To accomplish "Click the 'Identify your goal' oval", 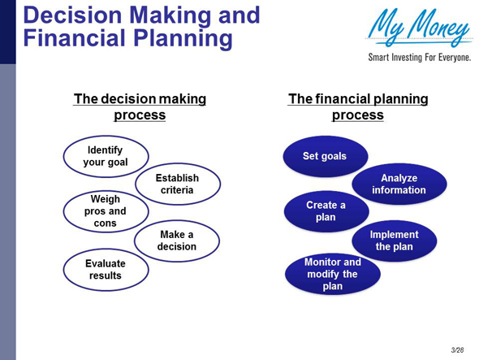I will tap(106, 156).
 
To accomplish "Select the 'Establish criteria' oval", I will tap(176, 184).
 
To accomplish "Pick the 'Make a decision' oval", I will tap(177, 241).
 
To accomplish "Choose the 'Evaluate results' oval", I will tap(106, 269).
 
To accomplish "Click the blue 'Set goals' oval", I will tap(325, 156).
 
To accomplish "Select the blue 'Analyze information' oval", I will tap(398, 184).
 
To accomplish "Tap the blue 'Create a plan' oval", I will tap(326, 211).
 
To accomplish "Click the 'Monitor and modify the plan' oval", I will tap(332, 274).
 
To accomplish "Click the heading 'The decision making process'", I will tap(140, 106).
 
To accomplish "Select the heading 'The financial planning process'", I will tap(358, 106).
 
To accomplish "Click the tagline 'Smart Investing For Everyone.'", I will tap(419, 59).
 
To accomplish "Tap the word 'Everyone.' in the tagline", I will tap(452, 59).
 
